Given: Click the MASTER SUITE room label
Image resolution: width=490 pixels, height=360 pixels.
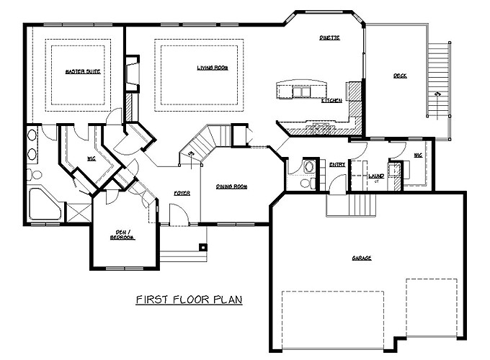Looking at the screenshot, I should tap(81, 72).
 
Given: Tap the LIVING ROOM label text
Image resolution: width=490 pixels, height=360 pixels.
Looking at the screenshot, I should tap(213, 68).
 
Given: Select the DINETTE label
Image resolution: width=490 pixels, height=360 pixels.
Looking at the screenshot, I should tap(329, 37).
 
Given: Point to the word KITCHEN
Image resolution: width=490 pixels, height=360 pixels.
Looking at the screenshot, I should tap(331, 100).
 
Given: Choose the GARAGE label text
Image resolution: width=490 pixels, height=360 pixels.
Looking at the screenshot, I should tap(362, 257).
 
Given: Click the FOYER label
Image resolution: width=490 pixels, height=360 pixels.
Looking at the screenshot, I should tap(182, 193).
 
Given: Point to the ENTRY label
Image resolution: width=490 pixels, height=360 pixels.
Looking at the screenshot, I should tap(337, 164).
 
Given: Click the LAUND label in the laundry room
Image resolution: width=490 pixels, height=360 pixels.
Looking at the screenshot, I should tap(375, 175).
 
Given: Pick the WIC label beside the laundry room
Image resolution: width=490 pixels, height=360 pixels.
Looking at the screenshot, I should tap(417, 155).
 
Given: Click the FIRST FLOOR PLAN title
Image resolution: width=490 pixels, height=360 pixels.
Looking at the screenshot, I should tap(189, 299).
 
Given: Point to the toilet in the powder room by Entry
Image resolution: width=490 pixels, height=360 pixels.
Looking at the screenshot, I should tap(306, 183).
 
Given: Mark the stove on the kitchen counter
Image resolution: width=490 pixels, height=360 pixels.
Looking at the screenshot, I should tap(319, 128).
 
